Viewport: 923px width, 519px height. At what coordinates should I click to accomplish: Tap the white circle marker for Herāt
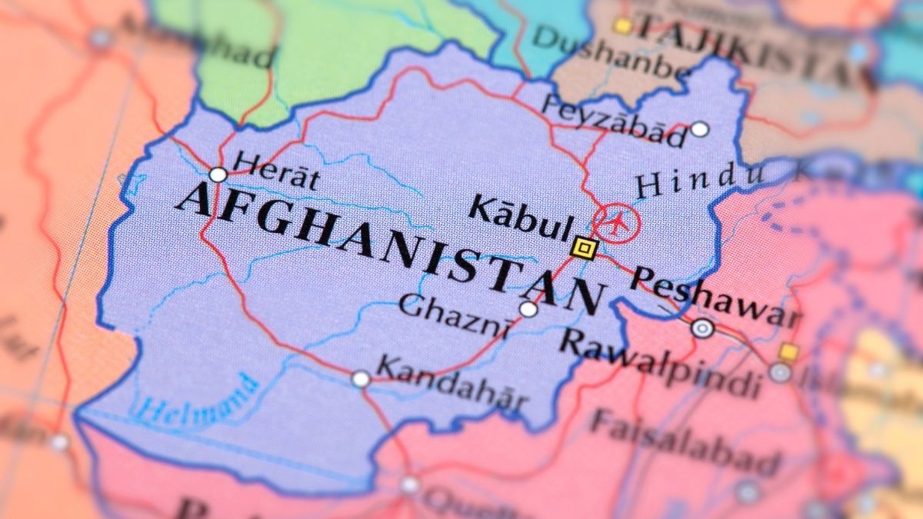pyautogui.click(x=218, y=175)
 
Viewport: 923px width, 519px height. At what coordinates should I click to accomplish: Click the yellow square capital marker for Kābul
pyautogui.click(x=585, y=248)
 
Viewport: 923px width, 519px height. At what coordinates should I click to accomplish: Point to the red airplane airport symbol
pyautogui.click(x=617, y=223)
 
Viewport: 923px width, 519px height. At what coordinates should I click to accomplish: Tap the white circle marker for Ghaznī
pyautogui.click(x=528, y=309)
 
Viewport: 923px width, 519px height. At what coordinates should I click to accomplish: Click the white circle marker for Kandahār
pyautogui.click(x=361, y=378)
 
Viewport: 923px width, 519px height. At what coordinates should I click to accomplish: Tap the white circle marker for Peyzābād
pyautogui.click(x=699, y=129)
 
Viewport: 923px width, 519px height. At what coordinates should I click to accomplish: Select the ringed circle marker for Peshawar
pyautogui.click(x=702, y=329)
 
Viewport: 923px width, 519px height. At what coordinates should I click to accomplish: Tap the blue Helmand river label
pyautogui.click(x=196, y=400)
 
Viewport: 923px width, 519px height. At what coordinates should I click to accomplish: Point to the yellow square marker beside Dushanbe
pyautogui.click(x=621, y=26)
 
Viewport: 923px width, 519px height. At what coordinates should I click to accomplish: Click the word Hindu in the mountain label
pyautogui.click(x=698, y=181)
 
